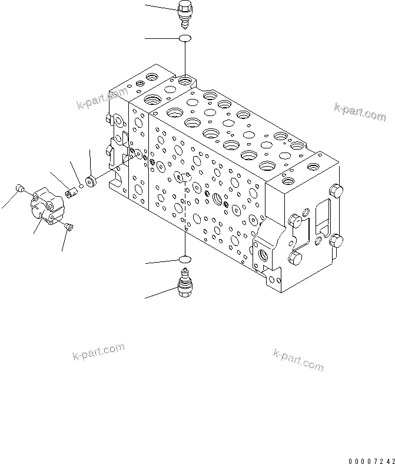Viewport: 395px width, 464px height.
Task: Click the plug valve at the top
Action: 184,14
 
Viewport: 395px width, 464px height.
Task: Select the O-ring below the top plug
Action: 184,39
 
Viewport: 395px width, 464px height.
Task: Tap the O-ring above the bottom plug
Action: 184,259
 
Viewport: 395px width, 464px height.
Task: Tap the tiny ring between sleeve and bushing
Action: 81,185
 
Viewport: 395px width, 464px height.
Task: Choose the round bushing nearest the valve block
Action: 91,180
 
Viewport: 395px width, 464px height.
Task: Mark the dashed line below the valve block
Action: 184,236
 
